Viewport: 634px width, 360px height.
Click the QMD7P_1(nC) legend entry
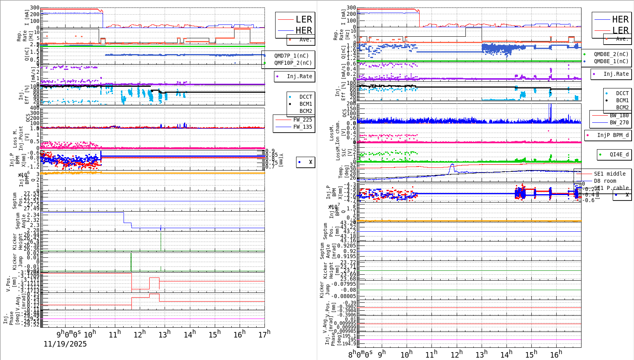(291, 56)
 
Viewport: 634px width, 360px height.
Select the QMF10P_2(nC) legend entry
(293, 63)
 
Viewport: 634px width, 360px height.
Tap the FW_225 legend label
(302, 120)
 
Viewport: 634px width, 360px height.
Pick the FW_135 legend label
(302, 127)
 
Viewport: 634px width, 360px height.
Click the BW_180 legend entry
(619, 115)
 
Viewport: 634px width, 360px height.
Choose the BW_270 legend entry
(619, 122)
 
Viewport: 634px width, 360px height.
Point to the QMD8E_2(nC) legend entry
(611, 54)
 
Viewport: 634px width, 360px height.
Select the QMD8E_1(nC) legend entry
(611, 61)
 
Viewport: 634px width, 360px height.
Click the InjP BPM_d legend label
(613, 135)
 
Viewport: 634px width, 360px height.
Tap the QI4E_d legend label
(619, 154)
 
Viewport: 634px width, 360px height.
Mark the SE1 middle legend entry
(610, 174)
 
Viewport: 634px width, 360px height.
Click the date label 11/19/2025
(65, 344)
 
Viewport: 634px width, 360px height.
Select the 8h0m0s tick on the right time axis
(360, 354)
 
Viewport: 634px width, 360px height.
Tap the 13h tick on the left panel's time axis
(165, 334)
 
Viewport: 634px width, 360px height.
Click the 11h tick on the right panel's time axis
(431, 354)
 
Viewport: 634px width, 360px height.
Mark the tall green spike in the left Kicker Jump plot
(131, 261)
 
